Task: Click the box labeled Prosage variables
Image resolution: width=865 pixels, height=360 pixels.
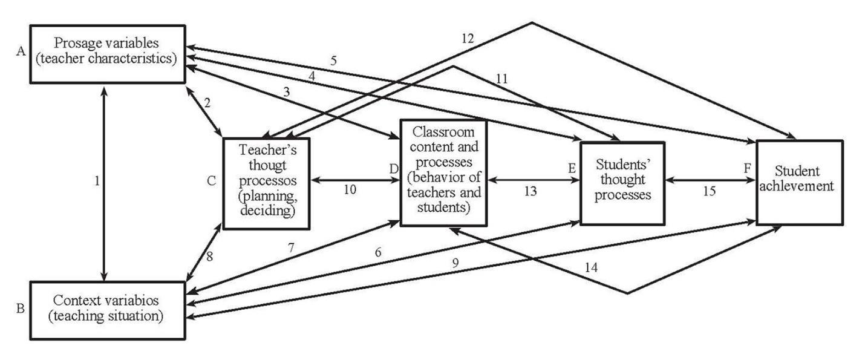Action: (x=107, y=53)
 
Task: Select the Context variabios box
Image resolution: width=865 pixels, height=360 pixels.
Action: (x=107, y=309)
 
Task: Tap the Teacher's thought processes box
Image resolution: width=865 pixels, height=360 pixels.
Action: (x=266, y=183)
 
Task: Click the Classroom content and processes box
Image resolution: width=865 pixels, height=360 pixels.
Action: (x=443, y=172)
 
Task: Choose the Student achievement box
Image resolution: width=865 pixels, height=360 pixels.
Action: (x=799, y=182)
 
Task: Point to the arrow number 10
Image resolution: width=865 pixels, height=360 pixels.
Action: (x=350, y=189)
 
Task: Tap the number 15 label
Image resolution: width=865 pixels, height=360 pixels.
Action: (x=709, y=191)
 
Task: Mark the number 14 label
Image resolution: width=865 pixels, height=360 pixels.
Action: (x=593, y=267)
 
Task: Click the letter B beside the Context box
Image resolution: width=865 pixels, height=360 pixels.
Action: (x=20, y=309)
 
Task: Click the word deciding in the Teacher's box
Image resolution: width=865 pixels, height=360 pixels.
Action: (x=267, y=211)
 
